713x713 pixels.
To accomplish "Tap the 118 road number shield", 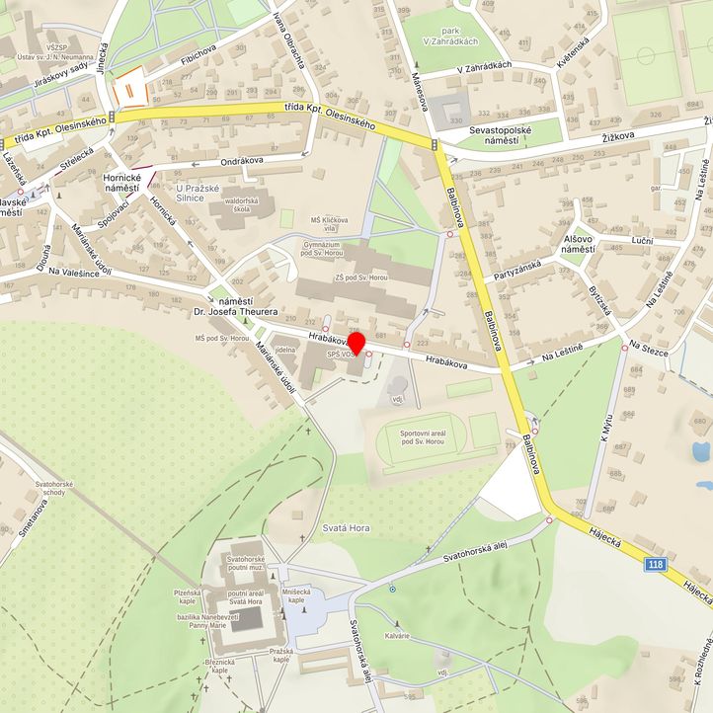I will point(655,564).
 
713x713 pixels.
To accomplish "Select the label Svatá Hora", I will point(346,528).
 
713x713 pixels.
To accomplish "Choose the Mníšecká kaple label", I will point(295,595).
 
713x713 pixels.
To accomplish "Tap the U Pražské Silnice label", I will point(203,193).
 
